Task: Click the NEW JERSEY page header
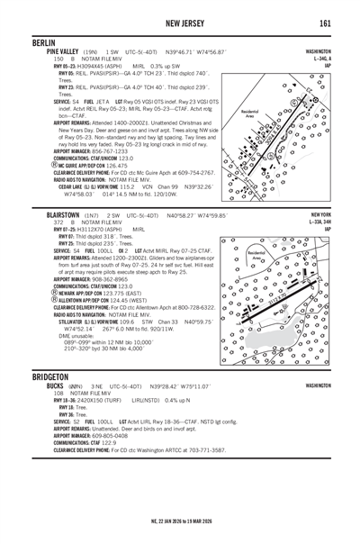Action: point(180,22)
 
